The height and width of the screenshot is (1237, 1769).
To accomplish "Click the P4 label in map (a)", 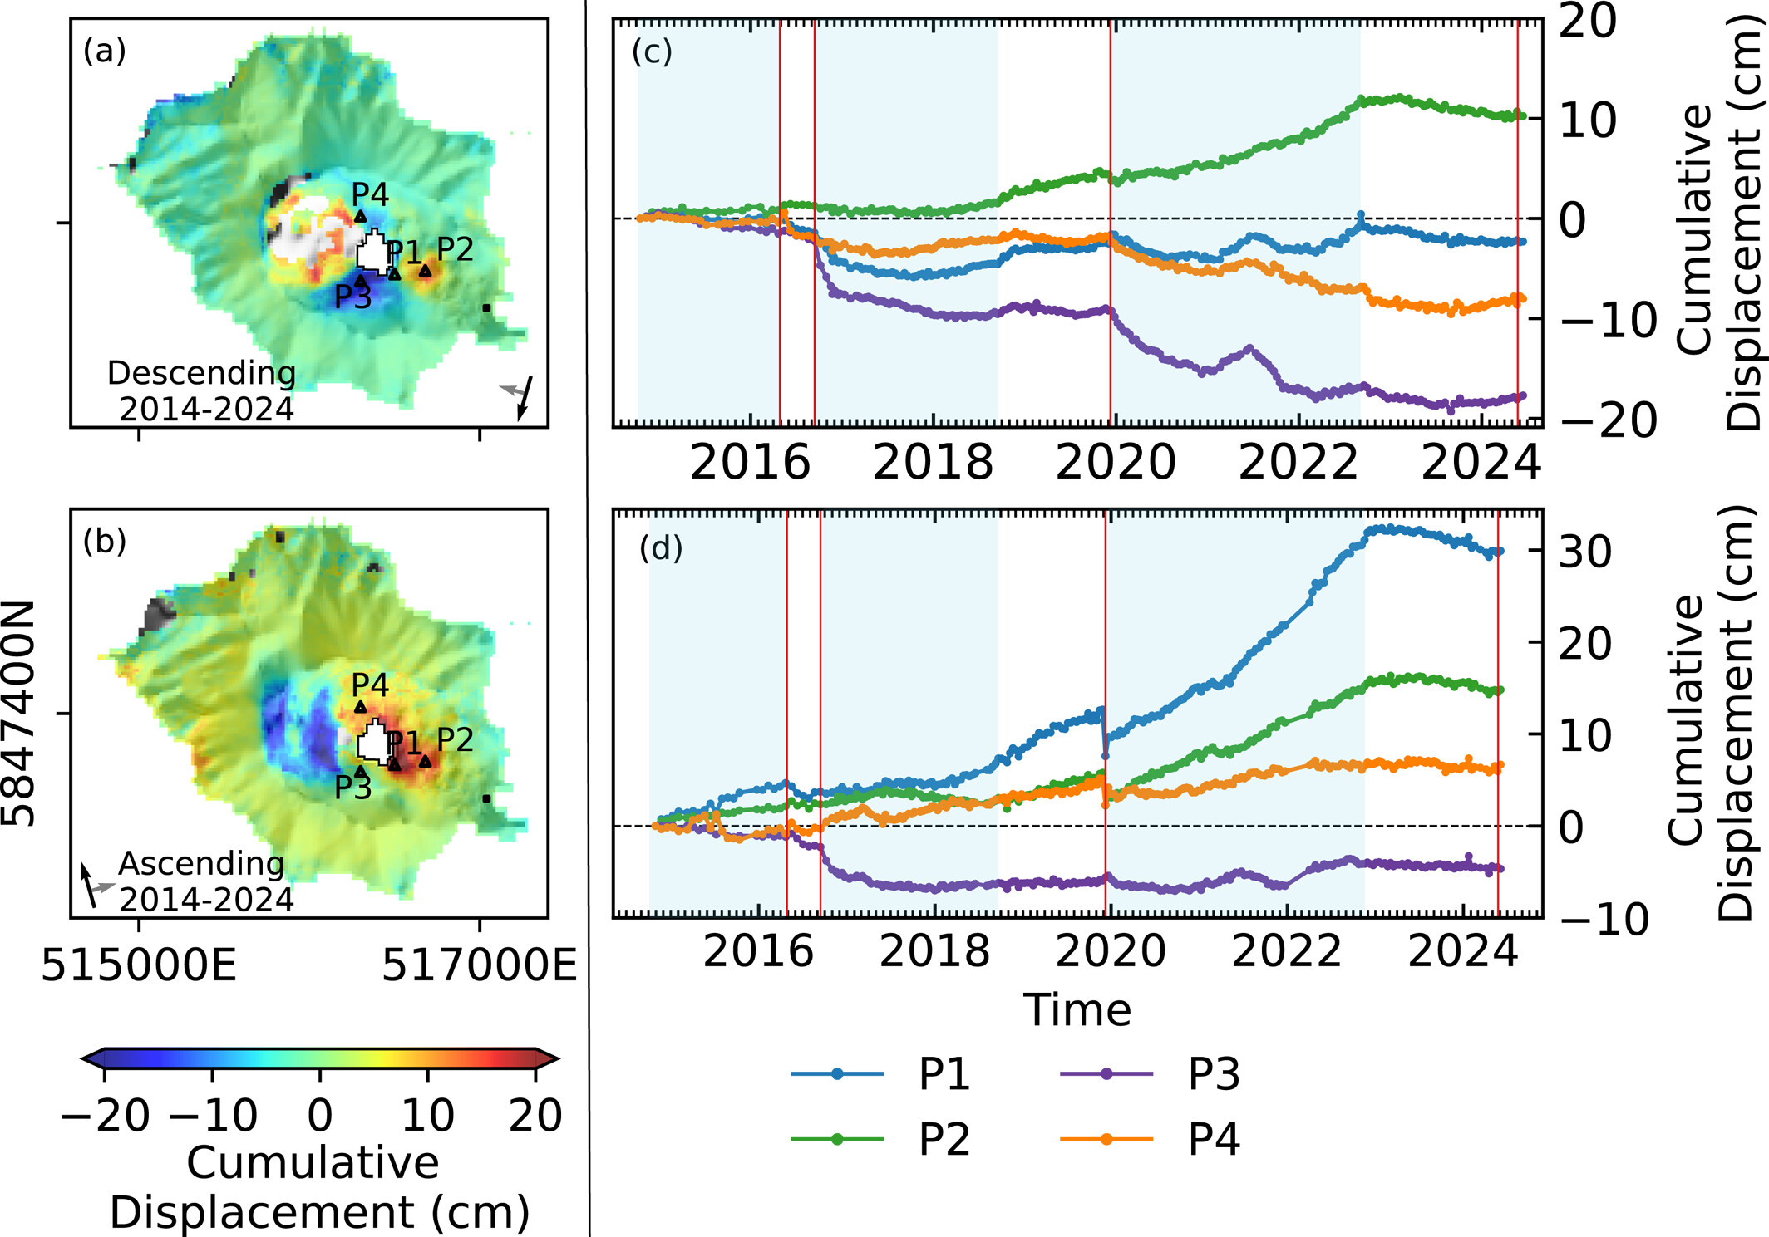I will point(370,194).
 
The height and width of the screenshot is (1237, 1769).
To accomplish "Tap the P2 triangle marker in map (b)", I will point(426,761).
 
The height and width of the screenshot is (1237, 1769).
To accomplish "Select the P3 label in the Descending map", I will point(352,297).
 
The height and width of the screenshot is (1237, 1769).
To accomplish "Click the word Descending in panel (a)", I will point(201,373).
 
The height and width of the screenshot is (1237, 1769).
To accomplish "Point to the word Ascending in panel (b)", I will point(201,863).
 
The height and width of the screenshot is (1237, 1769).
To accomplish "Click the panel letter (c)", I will point(652,52).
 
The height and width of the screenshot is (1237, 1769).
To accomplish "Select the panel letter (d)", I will point(661,548).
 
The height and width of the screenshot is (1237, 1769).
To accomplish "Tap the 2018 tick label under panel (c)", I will point(933,462).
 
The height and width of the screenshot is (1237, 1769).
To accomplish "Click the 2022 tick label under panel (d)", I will point(1287,951).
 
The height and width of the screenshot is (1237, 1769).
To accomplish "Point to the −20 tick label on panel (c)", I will point(1595,420).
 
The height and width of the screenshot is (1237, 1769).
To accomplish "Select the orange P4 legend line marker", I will point(1106,1139).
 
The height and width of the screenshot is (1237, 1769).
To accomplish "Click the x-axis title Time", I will point(1077,1010).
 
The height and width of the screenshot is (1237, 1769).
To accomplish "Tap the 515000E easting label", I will point(139,965).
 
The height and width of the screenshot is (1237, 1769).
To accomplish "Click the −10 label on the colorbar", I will point(213,1115).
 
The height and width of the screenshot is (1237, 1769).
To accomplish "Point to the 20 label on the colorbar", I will point(535,1115).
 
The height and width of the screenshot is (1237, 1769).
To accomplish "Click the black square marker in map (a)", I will point(486,308).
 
